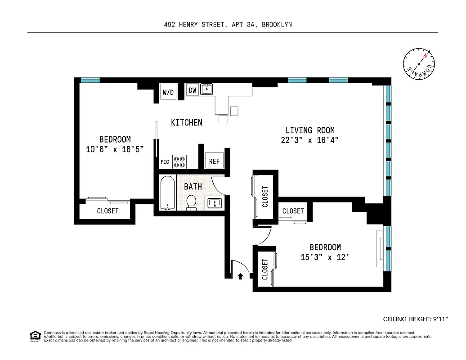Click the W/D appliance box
click(x=168, y=92)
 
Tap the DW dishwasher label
click(x=192, y=90)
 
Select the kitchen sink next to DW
click(x=206, y=89)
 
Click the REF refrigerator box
click(x=214, y=161)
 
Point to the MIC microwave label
click(x=165, y=162)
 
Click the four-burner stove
click(x=180, y=162)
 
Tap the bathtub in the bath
click(x=167, y=193)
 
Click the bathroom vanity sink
click(x=214, y=203)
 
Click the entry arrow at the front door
click(x=241, y=276)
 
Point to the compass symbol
click(x=419, y=63)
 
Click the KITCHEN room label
click(x=186, y=122)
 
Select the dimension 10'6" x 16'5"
click(x=115, y=149)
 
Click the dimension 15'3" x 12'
click(x=325, y=257)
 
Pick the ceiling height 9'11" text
click(x=409, y=319)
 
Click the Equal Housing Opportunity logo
click(x=35, y=336)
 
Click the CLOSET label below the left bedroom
click(x=108, y=211)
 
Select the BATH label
click(x=193, y=186)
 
